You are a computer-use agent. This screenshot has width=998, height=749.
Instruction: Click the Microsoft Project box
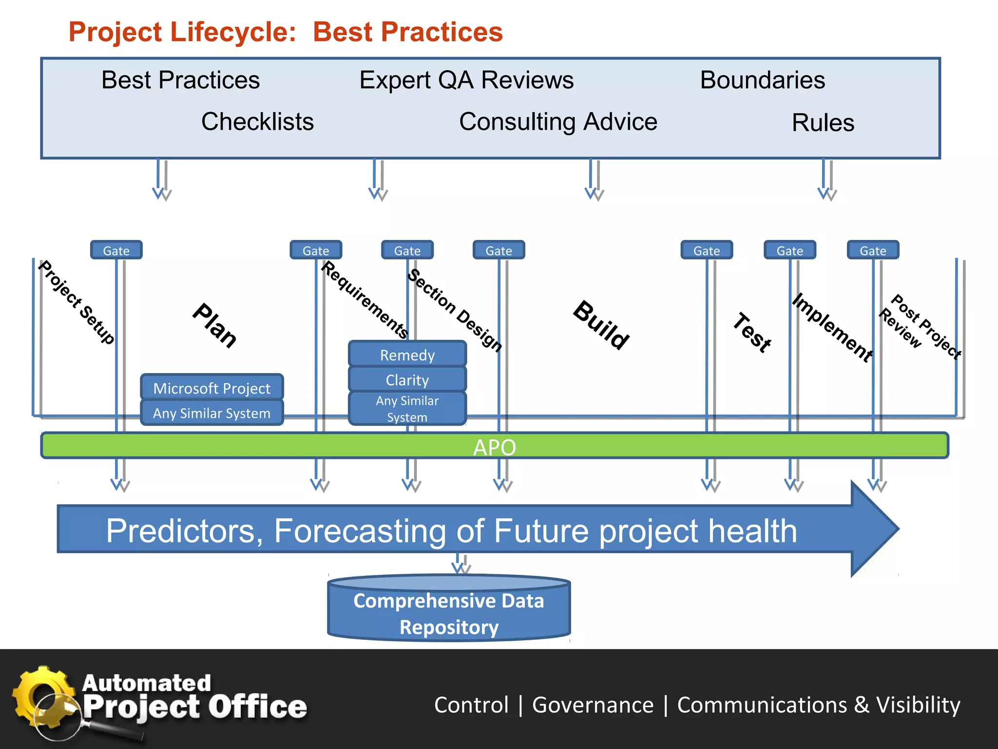211,388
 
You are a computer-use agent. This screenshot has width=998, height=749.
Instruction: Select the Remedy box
407,355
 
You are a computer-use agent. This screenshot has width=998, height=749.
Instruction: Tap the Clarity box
407,379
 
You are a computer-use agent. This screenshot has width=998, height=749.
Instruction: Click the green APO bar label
494,447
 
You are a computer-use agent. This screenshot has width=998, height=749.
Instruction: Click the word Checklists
257,121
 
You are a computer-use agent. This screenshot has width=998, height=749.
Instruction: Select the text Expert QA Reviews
466,80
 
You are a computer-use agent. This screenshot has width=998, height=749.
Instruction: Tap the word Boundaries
762,80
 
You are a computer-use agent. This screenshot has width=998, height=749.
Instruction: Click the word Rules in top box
823,122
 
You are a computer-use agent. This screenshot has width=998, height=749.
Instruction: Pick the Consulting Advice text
558,121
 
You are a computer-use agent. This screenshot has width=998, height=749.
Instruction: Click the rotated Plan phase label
215,325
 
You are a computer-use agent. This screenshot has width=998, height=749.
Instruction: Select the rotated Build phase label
601,325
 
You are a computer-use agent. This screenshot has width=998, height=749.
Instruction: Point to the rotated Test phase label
752,332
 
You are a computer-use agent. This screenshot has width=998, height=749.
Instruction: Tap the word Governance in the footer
593,705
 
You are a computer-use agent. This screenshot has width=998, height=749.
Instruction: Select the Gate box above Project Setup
116,250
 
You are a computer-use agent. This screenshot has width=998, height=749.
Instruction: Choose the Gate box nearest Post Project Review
873,250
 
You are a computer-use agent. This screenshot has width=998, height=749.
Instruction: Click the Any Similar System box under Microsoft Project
211,413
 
